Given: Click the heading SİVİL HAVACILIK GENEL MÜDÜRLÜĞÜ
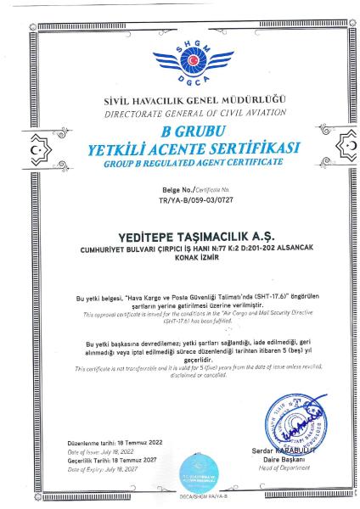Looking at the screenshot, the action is click(180, 103).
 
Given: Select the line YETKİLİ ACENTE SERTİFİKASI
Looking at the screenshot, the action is click(180, 150).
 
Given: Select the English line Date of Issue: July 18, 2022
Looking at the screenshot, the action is click(101, 451).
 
